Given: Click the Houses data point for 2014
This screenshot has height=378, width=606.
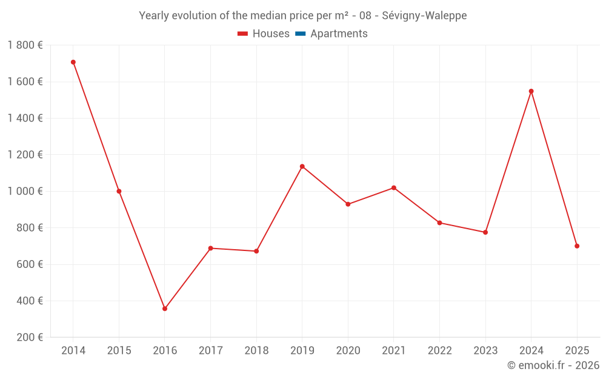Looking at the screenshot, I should [x=73, y=62].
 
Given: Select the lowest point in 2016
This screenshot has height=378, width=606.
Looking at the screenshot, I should [x=165, y=308].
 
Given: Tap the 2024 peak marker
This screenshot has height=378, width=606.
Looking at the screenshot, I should [x=531, y=91].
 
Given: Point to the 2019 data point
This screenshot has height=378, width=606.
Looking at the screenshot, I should [x=302, y=166].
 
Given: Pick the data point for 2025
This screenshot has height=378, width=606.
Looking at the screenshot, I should [x=577, y=246].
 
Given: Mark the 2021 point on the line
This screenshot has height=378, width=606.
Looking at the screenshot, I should [x=394, y=188].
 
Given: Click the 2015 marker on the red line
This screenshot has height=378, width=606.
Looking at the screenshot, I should [x=119, y=191].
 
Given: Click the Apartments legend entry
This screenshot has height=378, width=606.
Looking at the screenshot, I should [x=339, y=34].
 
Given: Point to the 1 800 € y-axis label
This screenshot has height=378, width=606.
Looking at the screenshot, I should [x=25, y=45].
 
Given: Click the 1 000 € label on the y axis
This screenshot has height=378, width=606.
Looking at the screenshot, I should [x=25, y=191].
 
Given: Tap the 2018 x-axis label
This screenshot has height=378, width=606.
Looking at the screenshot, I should [x=256, y=351].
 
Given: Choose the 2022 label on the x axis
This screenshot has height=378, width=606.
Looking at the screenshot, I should [x=439, y=351].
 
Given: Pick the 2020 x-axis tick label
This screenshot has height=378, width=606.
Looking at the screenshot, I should [x=348, y=351].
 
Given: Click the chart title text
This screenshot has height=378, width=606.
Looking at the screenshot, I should [x=303, y=16].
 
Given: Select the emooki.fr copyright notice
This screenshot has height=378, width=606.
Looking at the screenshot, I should [x=553, y=365].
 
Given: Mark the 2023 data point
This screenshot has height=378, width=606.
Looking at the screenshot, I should [x=485, y=232].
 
